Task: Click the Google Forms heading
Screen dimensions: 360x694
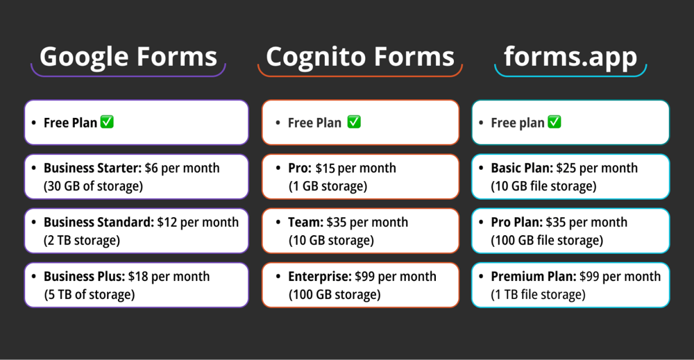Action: point(128,56)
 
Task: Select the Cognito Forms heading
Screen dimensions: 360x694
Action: point(359,56)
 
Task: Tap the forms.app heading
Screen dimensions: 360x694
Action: point(570,56)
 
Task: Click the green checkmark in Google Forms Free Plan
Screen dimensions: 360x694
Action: point(107,122)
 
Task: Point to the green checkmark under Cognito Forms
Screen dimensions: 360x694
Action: point(354,122)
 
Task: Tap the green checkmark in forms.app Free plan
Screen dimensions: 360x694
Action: point(555,122)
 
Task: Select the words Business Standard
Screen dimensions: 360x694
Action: point(99,222)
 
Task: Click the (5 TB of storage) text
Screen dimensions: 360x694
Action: point(89,294)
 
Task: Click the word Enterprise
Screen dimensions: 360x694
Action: point(320,276)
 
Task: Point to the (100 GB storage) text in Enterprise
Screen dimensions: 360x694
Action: point(335,294)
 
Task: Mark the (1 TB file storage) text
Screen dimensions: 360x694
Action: point(538,294)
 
